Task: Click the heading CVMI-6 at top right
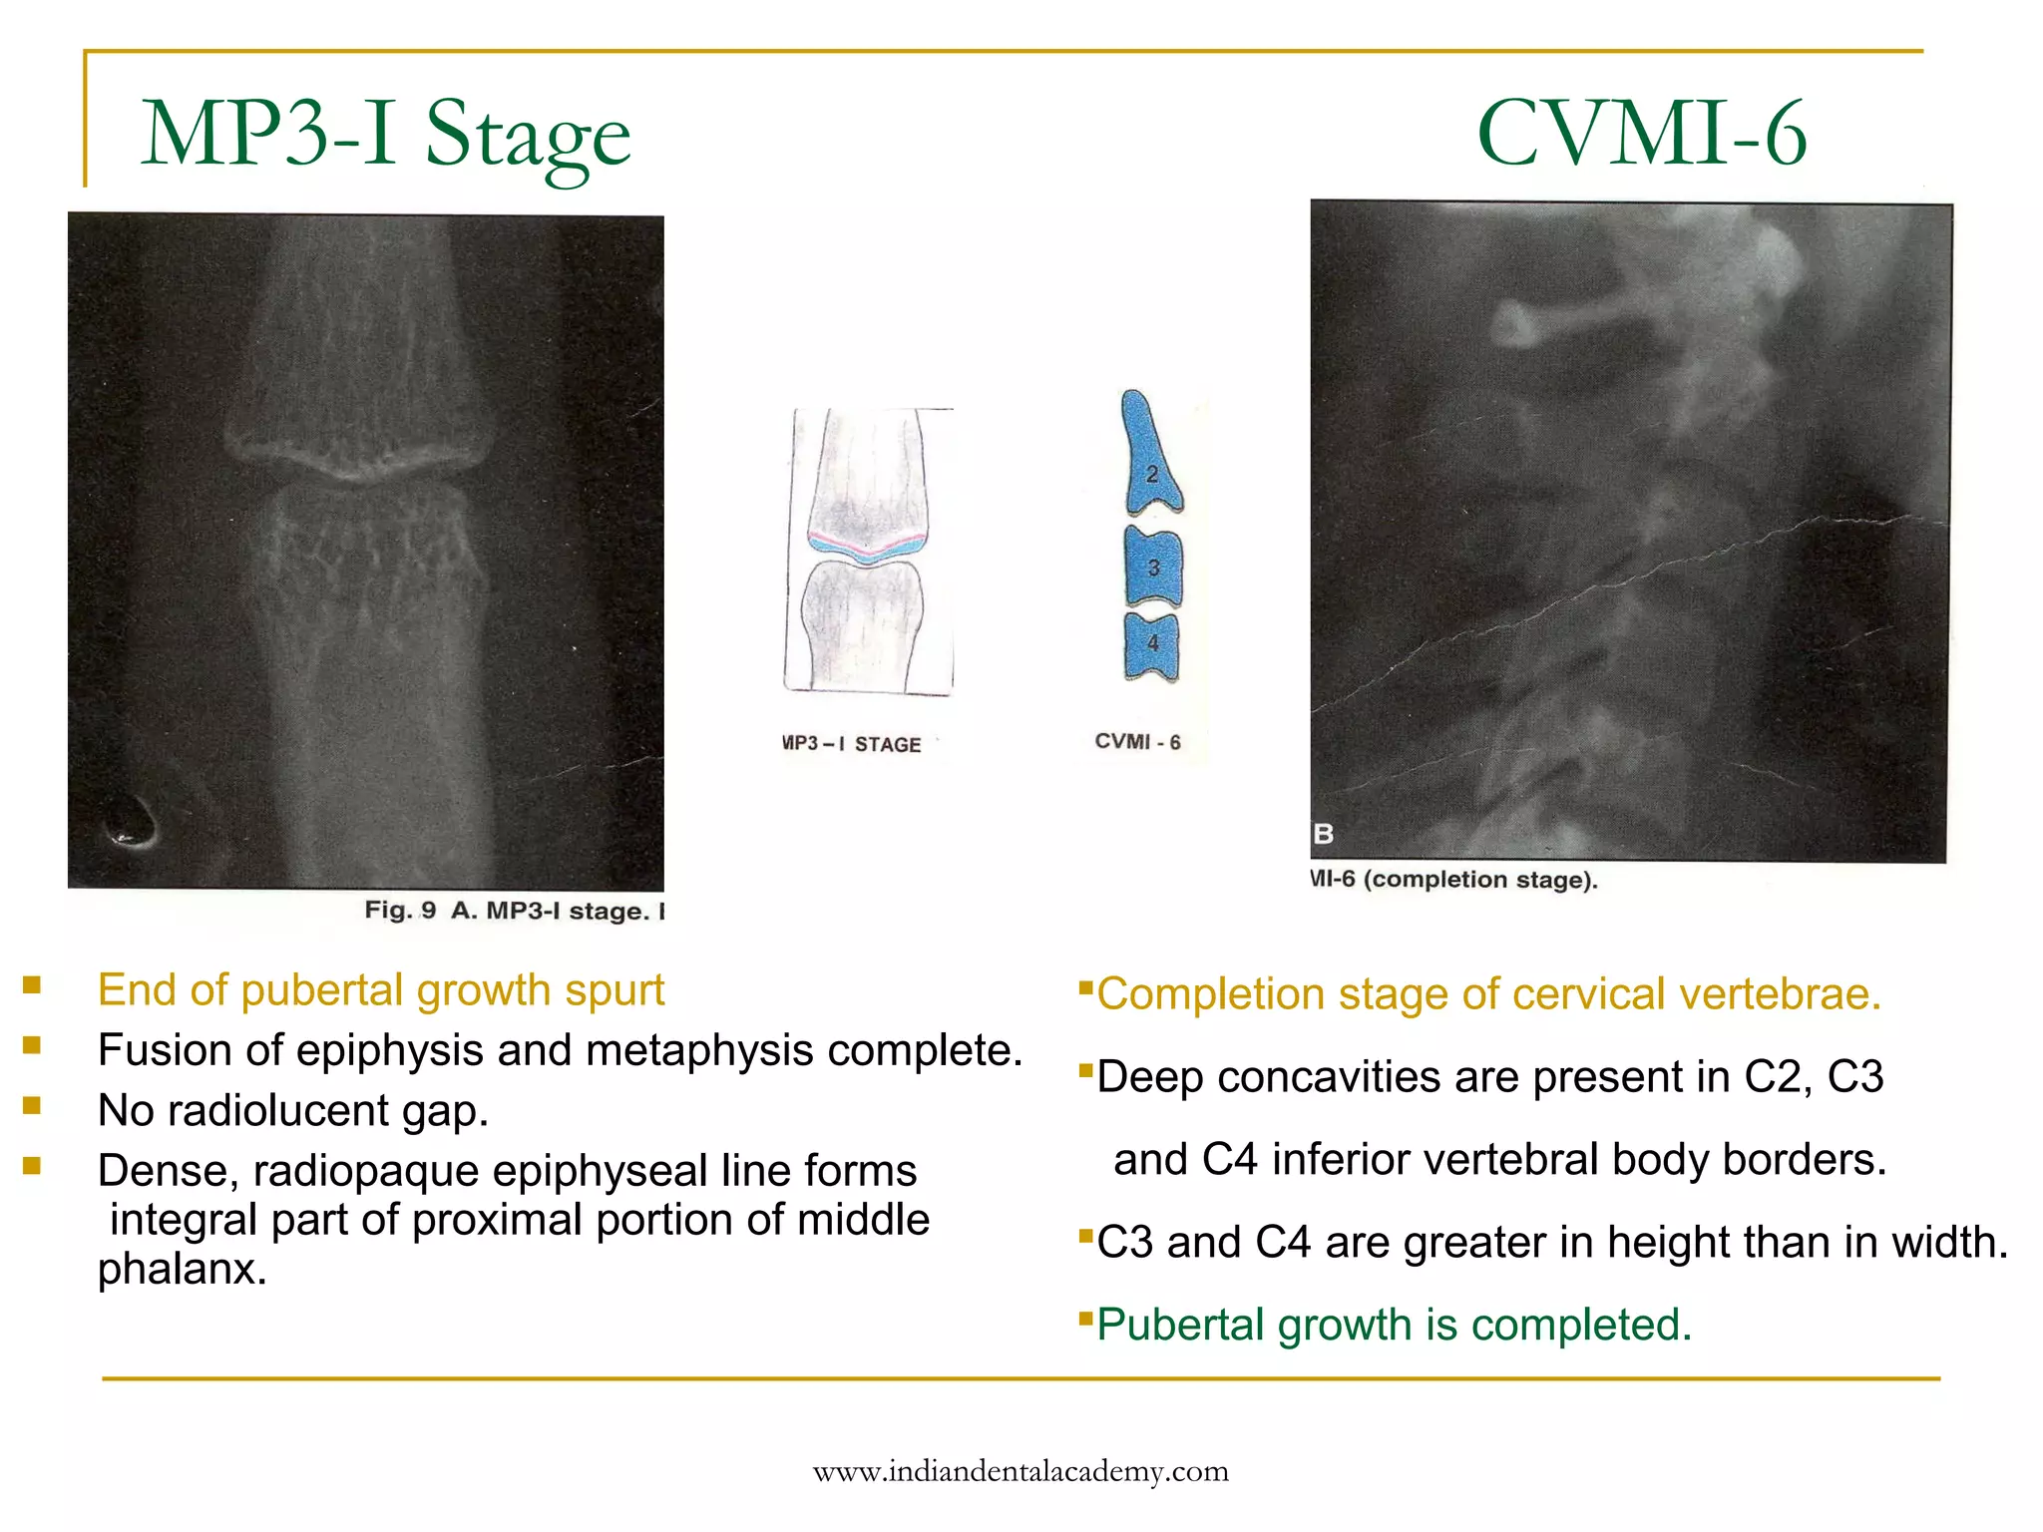click(x=1641, y=135)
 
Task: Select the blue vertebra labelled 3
click(x=1153, y=568)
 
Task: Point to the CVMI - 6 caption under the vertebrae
click(x=1137, y=742)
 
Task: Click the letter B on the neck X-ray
click(x=1324, y=834)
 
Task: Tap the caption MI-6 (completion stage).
click(x=1453, y=880)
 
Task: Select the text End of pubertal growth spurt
click(x=380, y=990)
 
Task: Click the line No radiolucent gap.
click(x=293, y=1111)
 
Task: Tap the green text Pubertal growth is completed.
click(x=1394, y=1326)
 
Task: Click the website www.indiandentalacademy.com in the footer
click(x=1021, y=1472)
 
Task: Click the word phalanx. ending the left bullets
click(x=183, y=1270)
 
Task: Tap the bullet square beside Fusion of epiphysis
click(x=32, y=1045)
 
